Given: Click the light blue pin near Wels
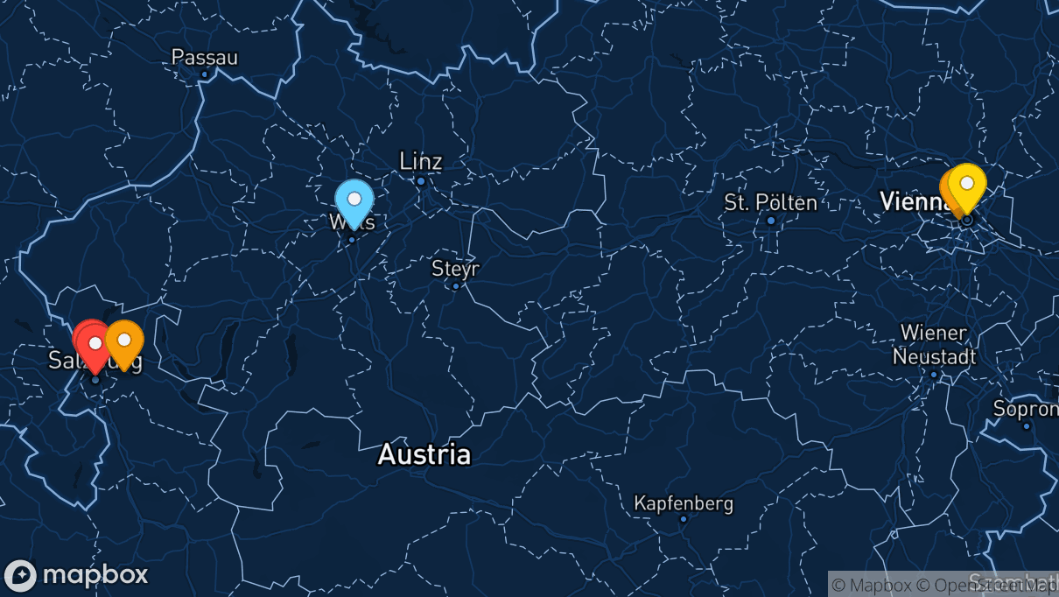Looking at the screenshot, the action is tap(354, 200).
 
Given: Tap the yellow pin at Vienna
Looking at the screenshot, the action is tap(967, 185).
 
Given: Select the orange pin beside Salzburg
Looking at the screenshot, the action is tap(124, 341).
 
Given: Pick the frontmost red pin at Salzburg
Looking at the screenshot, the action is tap(95, 344).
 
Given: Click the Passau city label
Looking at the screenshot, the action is tap(204, 57).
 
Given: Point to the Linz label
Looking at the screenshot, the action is tap(421, 161).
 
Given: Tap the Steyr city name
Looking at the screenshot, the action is tap(455, 268).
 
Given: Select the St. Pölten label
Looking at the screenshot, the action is tap(770, 203).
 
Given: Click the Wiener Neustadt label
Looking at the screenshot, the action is tap(934, 345).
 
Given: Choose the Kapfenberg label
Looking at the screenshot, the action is tap(684, 503).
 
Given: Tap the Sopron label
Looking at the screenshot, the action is tap(1025, 408).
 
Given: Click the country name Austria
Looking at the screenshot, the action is tap(424, 454).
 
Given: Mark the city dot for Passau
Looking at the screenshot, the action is tap(205, 74).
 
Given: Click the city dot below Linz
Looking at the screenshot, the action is tap(421, 181).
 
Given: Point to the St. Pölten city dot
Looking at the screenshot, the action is tap(771, 221).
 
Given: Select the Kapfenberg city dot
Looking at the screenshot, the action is tap(684, 519).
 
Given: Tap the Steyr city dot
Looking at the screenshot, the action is tap(455, 285).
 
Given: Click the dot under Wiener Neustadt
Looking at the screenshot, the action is tap(934, 375).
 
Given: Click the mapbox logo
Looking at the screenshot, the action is tap(76, 575).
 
